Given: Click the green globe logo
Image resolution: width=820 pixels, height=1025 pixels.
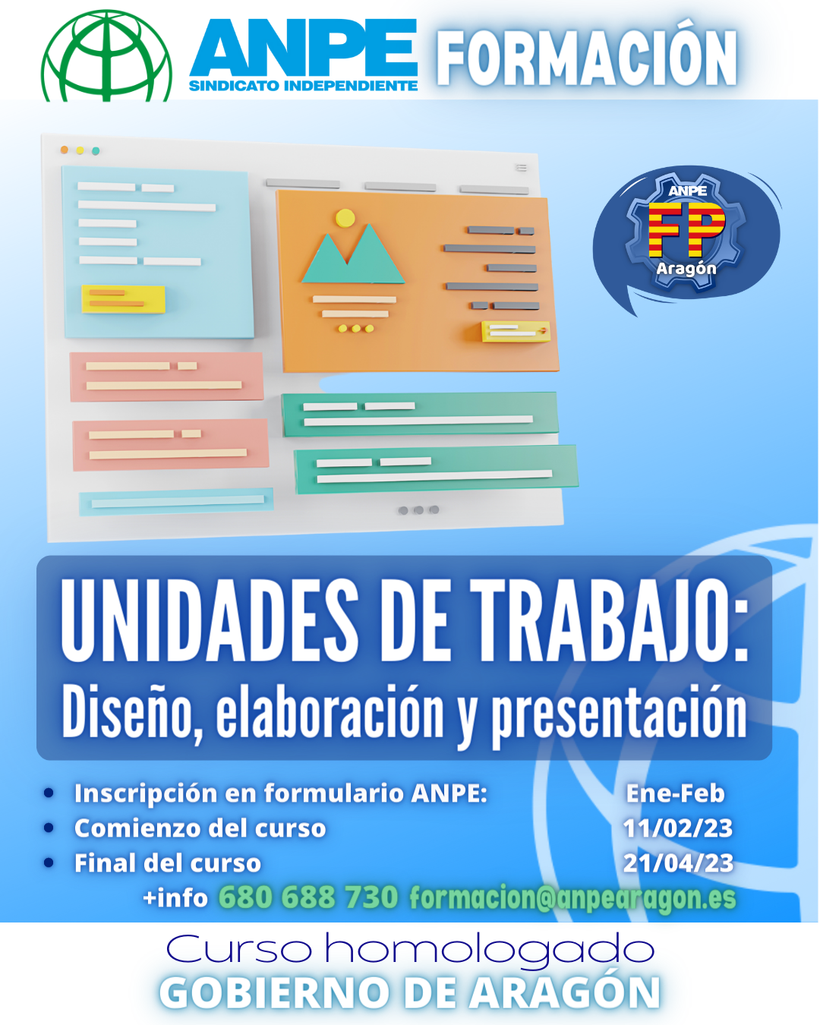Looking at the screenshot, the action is coord(107,56).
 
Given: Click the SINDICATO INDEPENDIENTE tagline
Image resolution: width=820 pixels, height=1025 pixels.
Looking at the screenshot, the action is coord(304,87).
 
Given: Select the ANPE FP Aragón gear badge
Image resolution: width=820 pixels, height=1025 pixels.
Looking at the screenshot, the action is coord(686,233).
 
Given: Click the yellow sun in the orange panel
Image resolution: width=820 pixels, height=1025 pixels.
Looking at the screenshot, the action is coord(345,218).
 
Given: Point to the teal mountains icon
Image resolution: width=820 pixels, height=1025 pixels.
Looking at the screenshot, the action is coord(353,254).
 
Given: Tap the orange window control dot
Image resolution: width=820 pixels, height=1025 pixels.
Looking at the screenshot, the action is coord(65,150).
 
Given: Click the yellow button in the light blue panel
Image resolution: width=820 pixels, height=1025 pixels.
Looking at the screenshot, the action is coord(124,298).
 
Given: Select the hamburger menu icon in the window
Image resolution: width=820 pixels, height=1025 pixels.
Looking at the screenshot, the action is coord(522,168).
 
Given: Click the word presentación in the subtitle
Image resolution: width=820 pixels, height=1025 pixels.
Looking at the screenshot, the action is coord(619,713).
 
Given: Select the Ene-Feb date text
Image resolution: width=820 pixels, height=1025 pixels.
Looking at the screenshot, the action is coord(675,793).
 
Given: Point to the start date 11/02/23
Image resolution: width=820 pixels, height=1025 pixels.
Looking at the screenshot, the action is coord(678,828).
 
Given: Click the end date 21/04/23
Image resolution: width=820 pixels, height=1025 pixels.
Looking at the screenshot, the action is coord(678,863).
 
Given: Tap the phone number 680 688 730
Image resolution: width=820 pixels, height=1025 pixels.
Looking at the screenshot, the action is coord(308,897).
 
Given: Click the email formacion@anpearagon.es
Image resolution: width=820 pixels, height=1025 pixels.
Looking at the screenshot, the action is coord(573,898).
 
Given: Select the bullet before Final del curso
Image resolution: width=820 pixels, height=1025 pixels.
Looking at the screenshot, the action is coord(49,863).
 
